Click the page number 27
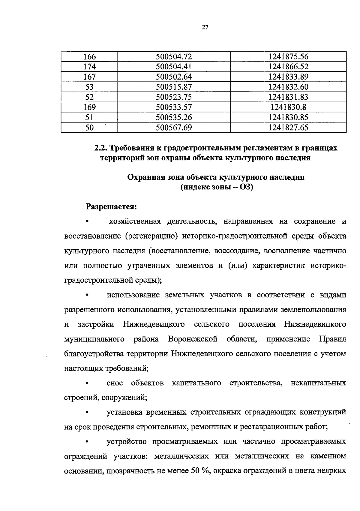[205, 28]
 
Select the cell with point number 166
[89, 56]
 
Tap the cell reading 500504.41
[174, 67]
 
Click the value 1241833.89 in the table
[288, 77]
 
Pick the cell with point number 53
[89, 87]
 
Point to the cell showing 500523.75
[174, 97]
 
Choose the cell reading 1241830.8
[288, 107]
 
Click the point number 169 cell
[89, 107]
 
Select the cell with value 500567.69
[174, 128]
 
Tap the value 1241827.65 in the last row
[288, 128]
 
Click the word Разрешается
[111, 207]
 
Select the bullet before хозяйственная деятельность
[87, 222]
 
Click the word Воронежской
[193, 339]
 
